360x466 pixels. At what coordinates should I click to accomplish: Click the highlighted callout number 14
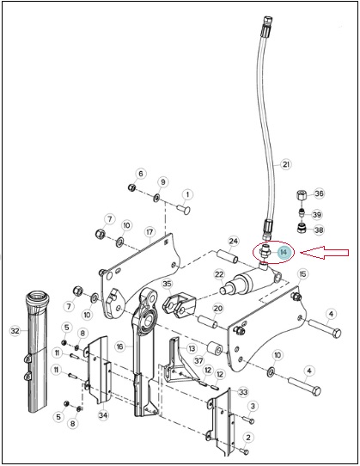point(284,252)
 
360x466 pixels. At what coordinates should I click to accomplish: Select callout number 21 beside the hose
point(285,164)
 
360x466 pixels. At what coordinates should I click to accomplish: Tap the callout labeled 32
point(15,331)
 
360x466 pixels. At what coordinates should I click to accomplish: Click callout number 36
point(319,193)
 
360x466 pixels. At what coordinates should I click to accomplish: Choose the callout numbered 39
point(317,215)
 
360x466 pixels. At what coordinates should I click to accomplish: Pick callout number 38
point(319,230)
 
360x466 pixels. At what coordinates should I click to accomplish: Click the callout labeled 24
point(234,241)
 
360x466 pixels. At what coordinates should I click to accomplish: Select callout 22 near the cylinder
point(219,274)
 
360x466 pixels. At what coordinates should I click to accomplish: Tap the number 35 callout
point(167,284)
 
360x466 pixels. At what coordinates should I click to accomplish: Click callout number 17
point(149,232)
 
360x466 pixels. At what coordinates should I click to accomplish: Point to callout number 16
point(119,346)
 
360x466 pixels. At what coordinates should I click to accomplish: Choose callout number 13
point(192,348)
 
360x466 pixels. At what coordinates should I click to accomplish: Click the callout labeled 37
point(199,361)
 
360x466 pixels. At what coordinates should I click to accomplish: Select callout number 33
point(243,392)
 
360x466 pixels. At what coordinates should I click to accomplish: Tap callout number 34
point(103,415)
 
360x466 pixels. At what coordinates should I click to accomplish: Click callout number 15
point(302,274)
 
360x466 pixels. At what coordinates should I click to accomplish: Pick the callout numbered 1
point(187,194)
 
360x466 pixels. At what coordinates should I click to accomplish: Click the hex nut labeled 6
point(131,187)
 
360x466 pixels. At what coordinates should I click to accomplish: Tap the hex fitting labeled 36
point(302,195)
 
